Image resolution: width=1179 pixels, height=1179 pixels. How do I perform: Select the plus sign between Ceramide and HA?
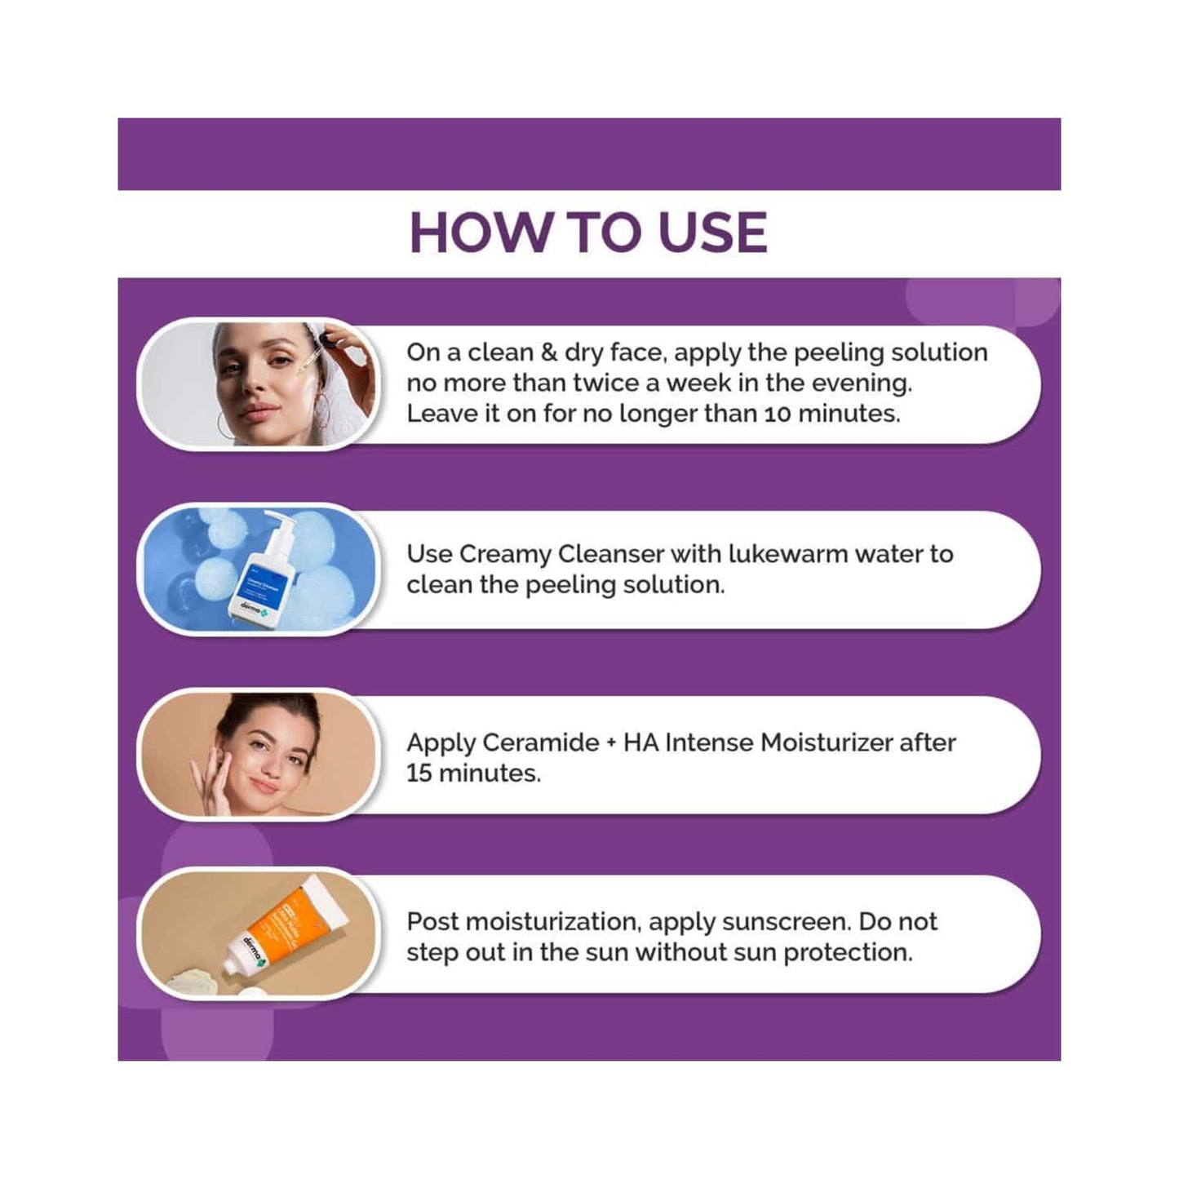pyautogui.click(x=611, y=743)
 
